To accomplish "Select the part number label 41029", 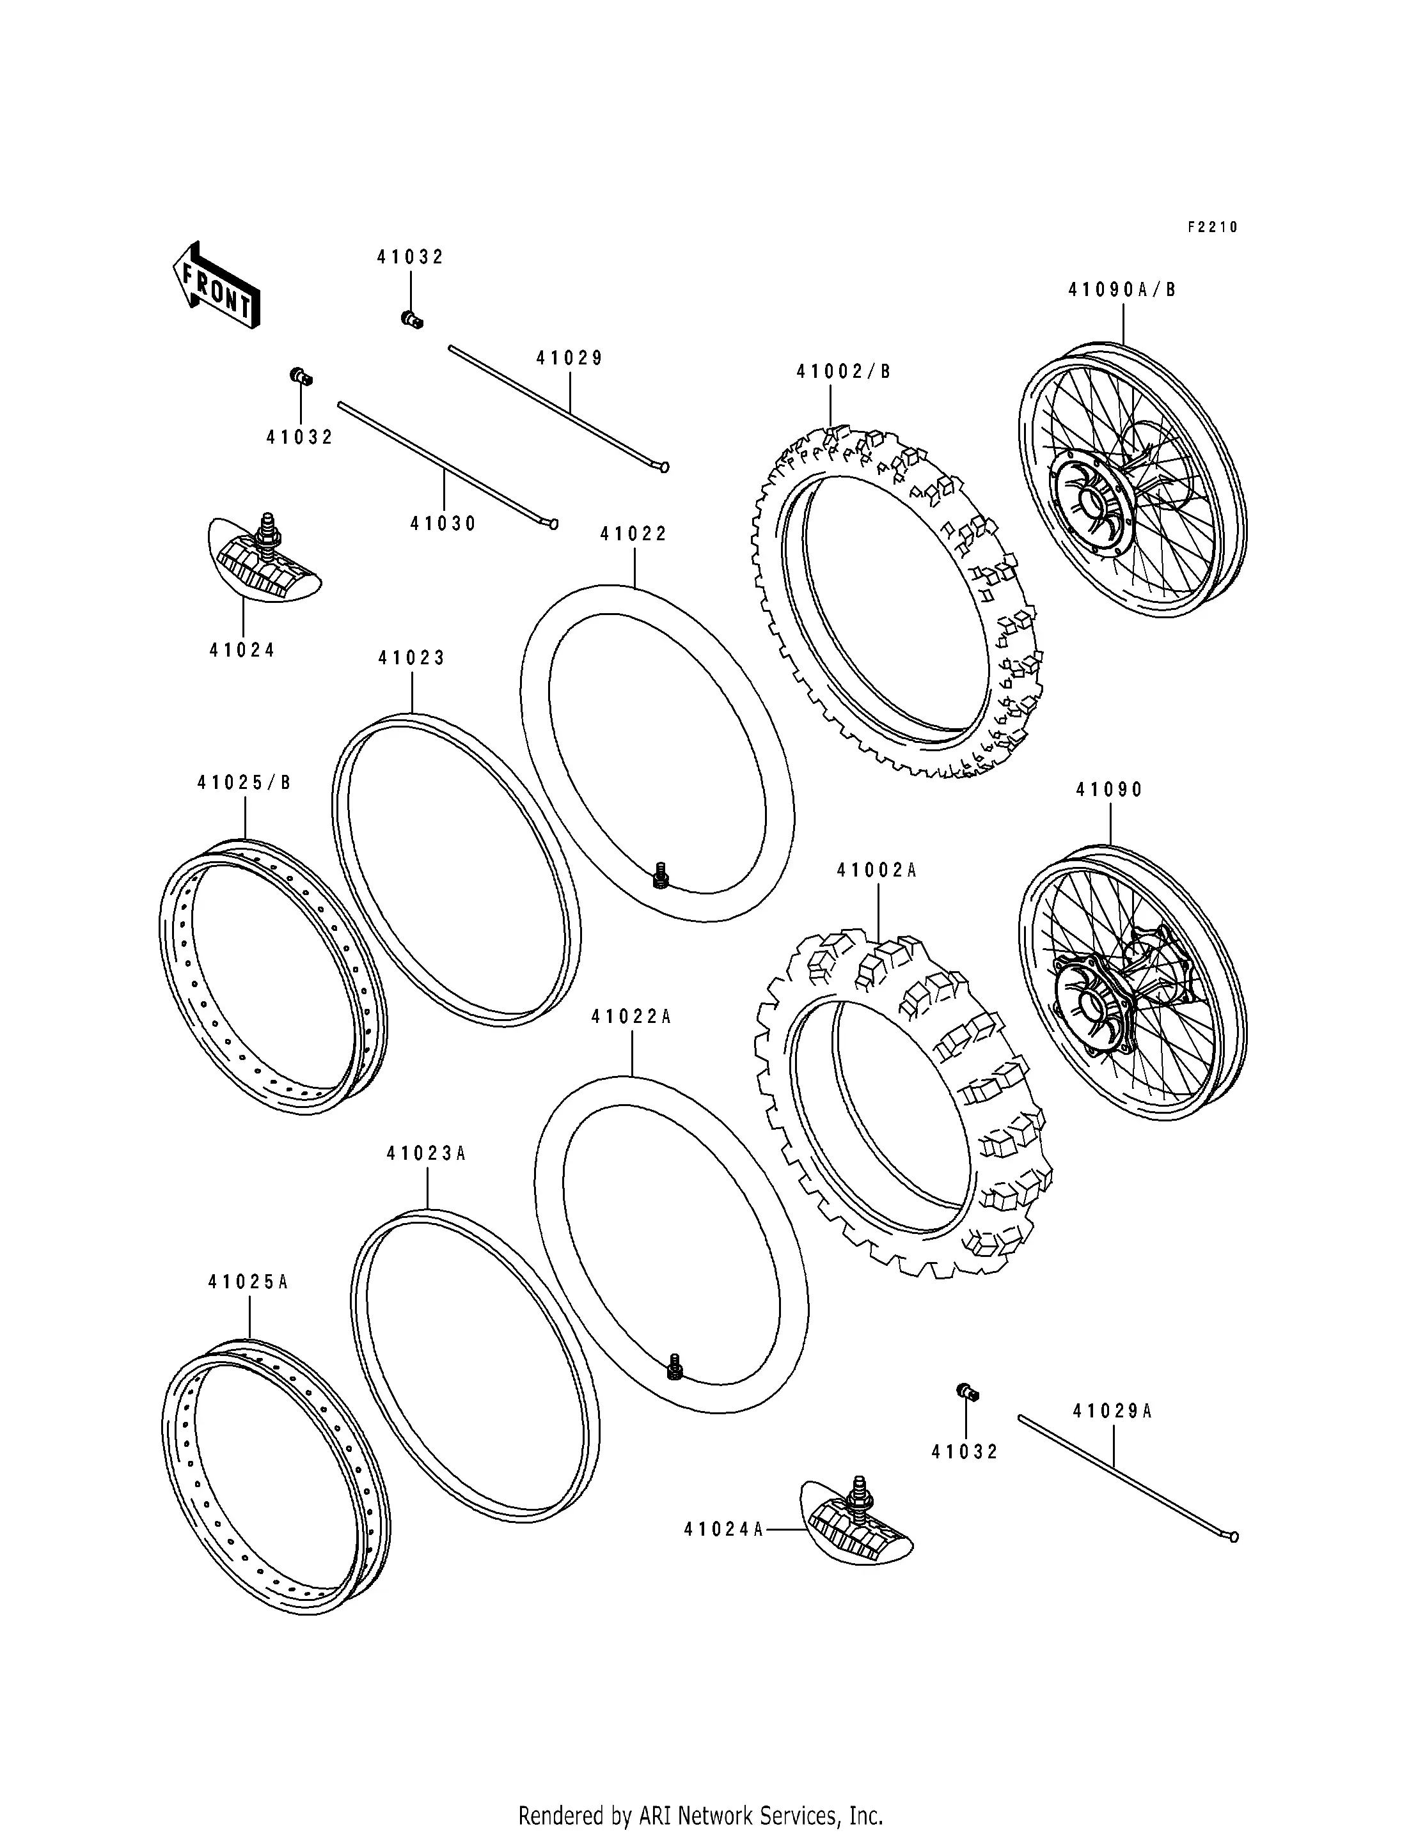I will click(x=570, y=358).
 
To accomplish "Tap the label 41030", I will click(x=443, y=524).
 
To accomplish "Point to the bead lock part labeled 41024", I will click(x=262, y=559).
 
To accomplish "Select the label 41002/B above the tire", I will click(x=844, y=372).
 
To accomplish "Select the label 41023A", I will click(x=425, y=1154).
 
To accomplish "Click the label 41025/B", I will click(x=244, y=783).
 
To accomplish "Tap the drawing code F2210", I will click(x=1213, y=227).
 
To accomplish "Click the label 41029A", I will click(x=1112, y=1412).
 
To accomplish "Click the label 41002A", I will click(x=877, y=871).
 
